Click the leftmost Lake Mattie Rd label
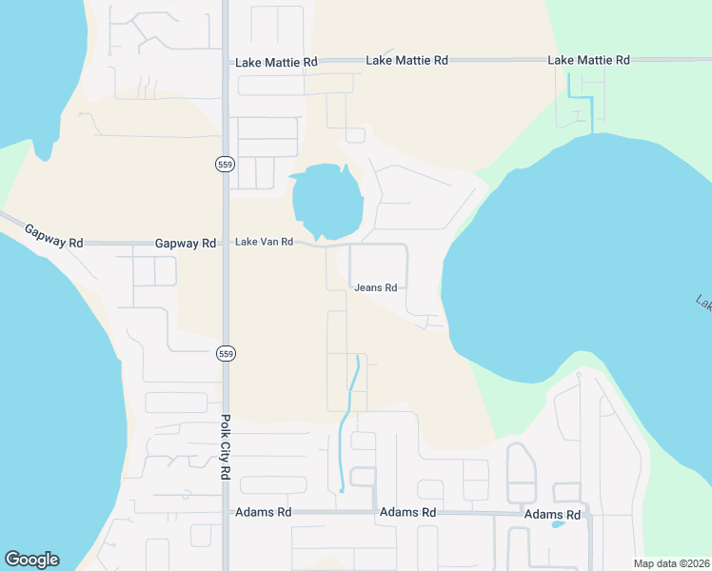pyautogui.click(x=276, y=62)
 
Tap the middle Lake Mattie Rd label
pyautogui.click(x=406, y=60)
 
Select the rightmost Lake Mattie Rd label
pyautogui.click(x=588, y=60)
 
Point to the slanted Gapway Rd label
pyautogui.click(x=53, y=236)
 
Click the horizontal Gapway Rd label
pyautogui.click(x=186, y=244)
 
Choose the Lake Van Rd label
pyautogui.click(x=264, y=244)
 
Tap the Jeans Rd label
pyautogui.click(x=375, y=287)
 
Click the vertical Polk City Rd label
pyautogui.click(x=226, y=446)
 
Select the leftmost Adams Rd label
pyautogui.click(x=263, y=512)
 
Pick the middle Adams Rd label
pyautogui.click(x=407, y=512)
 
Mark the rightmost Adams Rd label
pyautogui.click(x=552, y=515)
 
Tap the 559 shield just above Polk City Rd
pyautogui.click(x=225, y=353)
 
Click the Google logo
pyautogui.click(x=31, y=560)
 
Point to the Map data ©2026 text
pyautogui.click(x=671, y=563)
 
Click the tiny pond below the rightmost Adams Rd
pyautogui.click(x=558, y=523)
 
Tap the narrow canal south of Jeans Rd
pyautogui.click(x=347, y=419)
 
